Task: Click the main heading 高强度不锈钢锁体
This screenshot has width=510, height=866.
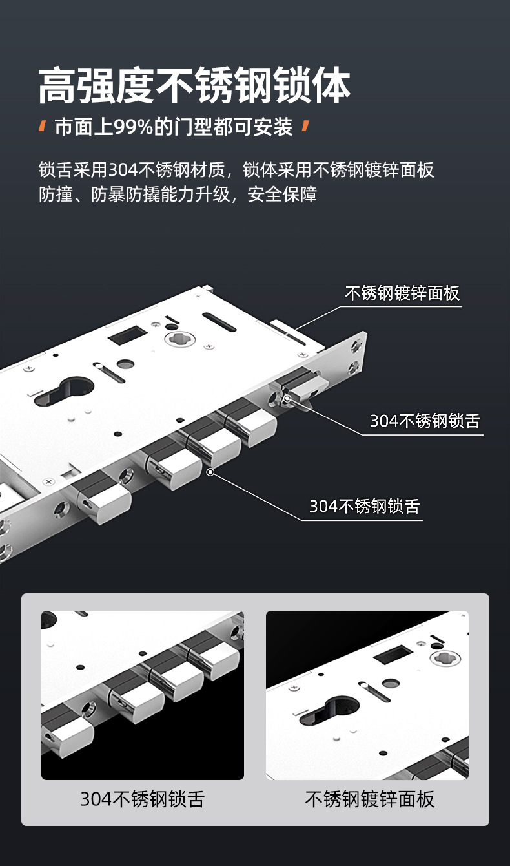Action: (x=194, y=85)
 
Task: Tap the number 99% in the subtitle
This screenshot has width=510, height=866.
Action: (x=134, y=127)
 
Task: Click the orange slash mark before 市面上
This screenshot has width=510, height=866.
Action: (x=43, y=126)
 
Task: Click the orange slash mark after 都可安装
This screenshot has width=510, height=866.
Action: (x=305, y=126)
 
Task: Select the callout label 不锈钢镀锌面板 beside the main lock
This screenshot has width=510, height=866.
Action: (x=402, y=293)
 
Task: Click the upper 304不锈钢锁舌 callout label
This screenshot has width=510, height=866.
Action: (x=425, y=421)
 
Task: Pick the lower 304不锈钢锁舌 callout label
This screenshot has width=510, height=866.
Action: (x=364, y=506)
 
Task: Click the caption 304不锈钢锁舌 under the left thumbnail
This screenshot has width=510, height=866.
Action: (x=143, y=799)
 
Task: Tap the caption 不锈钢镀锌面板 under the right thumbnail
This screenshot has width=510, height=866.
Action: (x=370, y=799)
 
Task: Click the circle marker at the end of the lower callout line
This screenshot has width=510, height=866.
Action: (x=210, y=472)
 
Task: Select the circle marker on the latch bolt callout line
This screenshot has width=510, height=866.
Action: (x=287, y=397)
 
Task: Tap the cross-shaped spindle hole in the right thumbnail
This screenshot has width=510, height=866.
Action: (x=445, y=656)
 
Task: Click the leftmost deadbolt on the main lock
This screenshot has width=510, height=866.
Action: (x=102, y=496)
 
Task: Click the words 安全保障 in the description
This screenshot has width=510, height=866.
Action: (x=282, y=194)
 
